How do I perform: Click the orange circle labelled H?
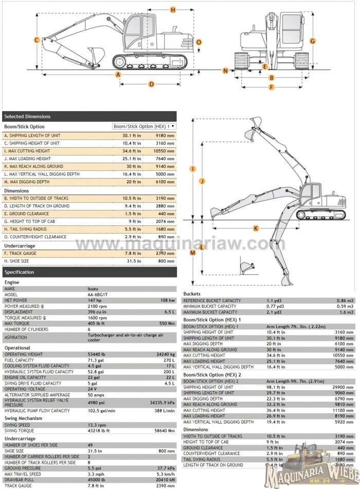pyautogui.click(x=172, y=10)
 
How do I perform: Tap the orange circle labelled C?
pyautogui.click(x=37, y=40)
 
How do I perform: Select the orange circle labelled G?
pyautogui.click(x=312, y=40)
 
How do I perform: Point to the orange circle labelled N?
pyautogui.click(x=225, y=69)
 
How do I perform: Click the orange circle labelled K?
pyautogui.click(x=256, y=228)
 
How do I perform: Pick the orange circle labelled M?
pyautogui.click(x=193, y=252)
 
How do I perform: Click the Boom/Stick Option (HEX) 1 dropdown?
pyautogui.click(x=145, y=126)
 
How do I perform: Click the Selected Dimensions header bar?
pyautogui.click(x=89, y=116)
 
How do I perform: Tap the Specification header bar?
pyautogui.click(x=89, y=272)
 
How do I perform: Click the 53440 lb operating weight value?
pyautogui.click(x=98, y=355)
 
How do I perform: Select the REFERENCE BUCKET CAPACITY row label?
pyautogui.click(x=212, y=301)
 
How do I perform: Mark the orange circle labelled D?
pyautogui.click(x=151, y=84)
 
